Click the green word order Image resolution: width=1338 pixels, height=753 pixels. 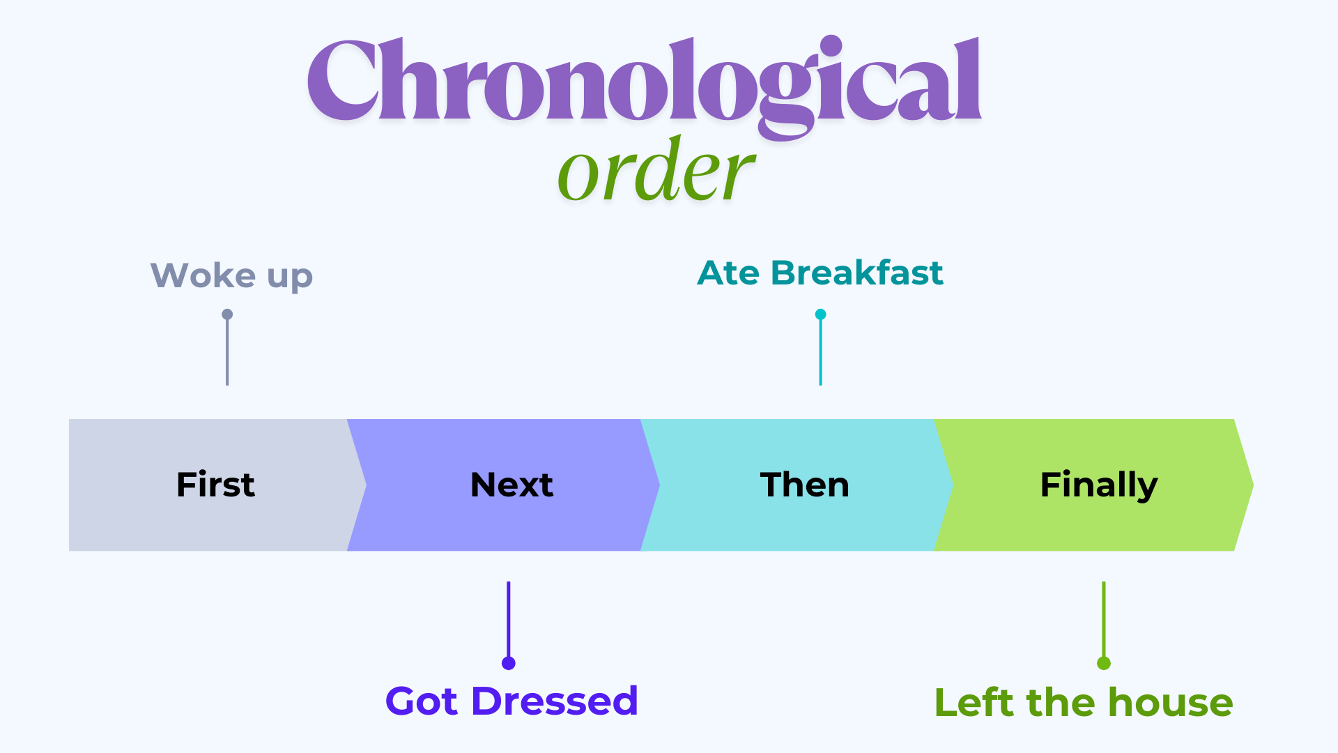[x=656, y=169]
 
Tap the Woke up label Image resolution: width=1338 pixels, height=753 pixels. [x=231, y=276]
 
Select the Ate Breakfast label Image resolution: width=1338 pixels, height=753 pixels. [x=820, y=273]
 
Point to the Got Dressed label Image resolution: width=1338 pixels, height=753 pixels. [x=512, y=701]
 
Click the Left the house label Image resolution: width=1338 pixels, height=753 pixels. [x=1084, y=702]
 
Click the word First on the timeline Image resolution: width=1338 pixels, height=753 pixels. [x=215, y=485]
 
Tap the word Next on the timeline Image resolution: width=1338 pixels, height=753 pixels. [x=512, y=485]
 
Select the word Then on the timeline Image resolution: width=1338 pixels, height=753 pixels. [x=805, y=485]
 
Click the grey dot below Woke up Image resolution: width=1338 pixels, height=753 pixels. [x=227, y=314]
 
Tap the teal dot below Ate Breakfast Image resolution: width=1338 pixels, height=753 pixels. [x=821, y=314]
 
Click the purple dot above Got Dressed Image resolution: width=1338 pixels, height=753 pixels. [x=509, y=663]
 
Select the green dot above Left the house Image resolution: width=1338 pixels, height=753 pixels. [x=1104, y=663]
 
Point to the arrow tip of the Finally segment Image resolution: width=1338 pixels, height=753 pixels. [x=1253, y=485]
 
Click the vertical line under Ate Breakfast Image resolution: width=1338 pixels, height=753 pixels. [x=821, y=352]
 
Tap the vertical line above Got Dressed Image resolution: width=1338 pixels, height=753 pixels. [x=509, y=619]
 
